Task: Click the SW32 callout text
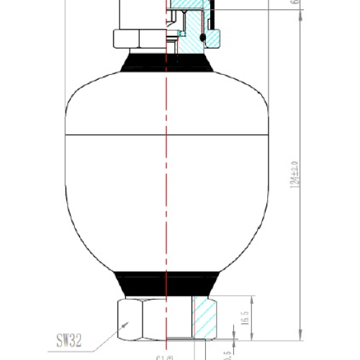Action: (x=73, y=336)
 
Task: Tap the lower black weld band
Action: (x=167, y=282)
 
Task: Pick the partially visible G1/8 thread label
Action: (x=164, y=355)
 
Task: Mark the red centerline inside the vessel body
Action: (x=167, y=180)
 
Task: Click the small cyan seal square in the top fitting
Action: (x=183, y=33)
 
